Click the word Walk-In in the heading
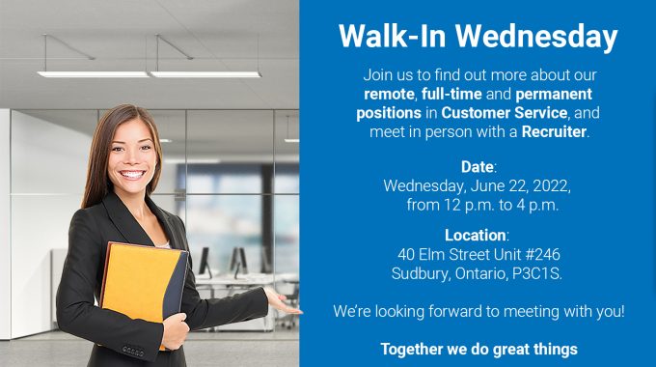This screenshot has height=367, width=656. (x=393, y=36)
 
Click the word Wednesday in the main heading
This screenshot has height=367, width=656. (x=536, y=38)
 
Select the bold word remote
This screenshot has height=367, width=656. (x=389, y=94)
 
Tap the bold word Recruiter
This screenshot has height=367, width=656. (x=554, y=131)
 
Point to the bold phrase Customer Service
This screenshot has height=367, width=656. (x=505, y=113)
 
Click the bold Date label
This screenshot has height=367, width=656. (x=477, y=167)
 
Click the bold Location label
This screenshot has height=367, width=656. (x=476, y=235)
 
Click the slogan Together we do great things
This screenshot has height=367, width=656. (x=479, y=349)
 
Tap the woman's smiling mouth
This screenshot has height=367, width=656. (x=132, y=174)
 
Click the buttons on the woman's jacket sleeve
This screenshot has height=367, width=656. (x=133, y=352)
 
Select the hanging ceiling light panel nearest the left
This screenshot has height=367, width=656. (x=93, y=74)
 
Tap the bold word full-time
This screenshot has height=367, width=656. (x=451, y=94)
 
